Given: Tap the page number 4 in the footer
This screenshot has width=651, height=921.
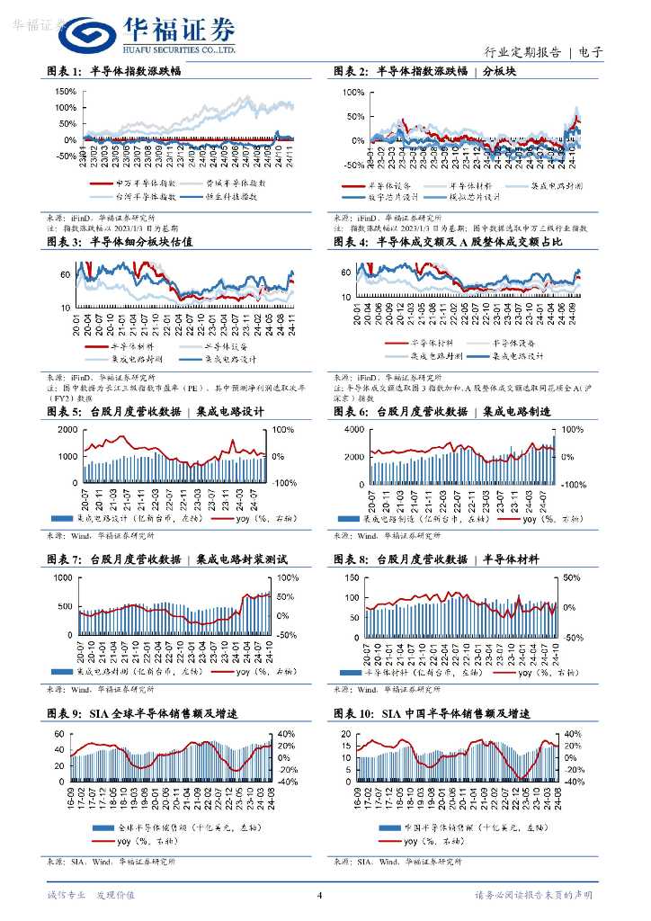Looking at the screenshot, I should pyautogui.click(x=320, y=894).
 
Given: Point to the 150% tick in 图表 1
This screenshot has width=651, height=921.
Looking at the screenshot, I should pyautogui.click(x=66, y=92).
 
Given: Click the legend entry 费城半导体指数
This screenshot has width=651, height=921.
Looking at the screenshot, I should pyautogui.click(x=236, y=183).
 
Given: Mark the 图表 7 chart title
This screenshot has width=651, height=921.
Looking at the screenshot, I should pyautogui.click(x=166, y=559).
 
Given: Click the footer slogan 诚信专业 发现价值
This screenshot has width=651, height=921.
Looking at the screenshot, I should pyautogui.click(x=90, y=895).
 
